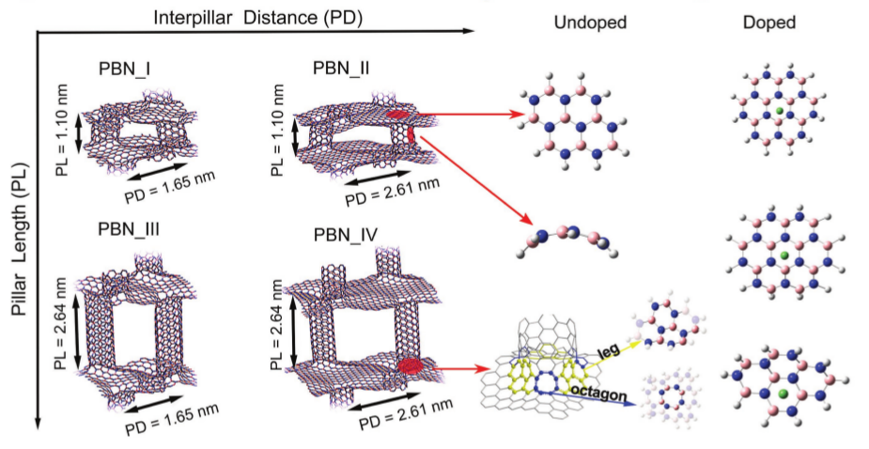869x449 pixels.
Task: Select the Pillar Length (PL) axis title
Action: pyautogui.click(x=17, y=250)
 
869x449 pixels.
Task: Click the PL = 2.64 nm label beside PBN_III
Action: pyautogui.click(x=61, y=320)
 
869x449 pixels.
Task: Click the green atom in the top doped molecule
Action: pyautogui.click(x=780, y=112)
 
